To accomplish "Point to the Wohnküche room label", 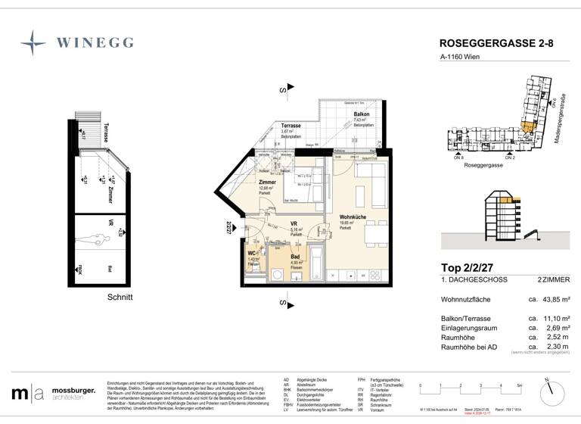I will tap(353, 217).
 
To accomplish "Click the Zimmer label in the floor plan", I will tap(266, 183).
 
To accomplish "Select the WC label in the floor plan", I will tap(253, 254).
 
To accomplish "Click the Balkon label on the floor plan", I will tap(361, 114).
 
